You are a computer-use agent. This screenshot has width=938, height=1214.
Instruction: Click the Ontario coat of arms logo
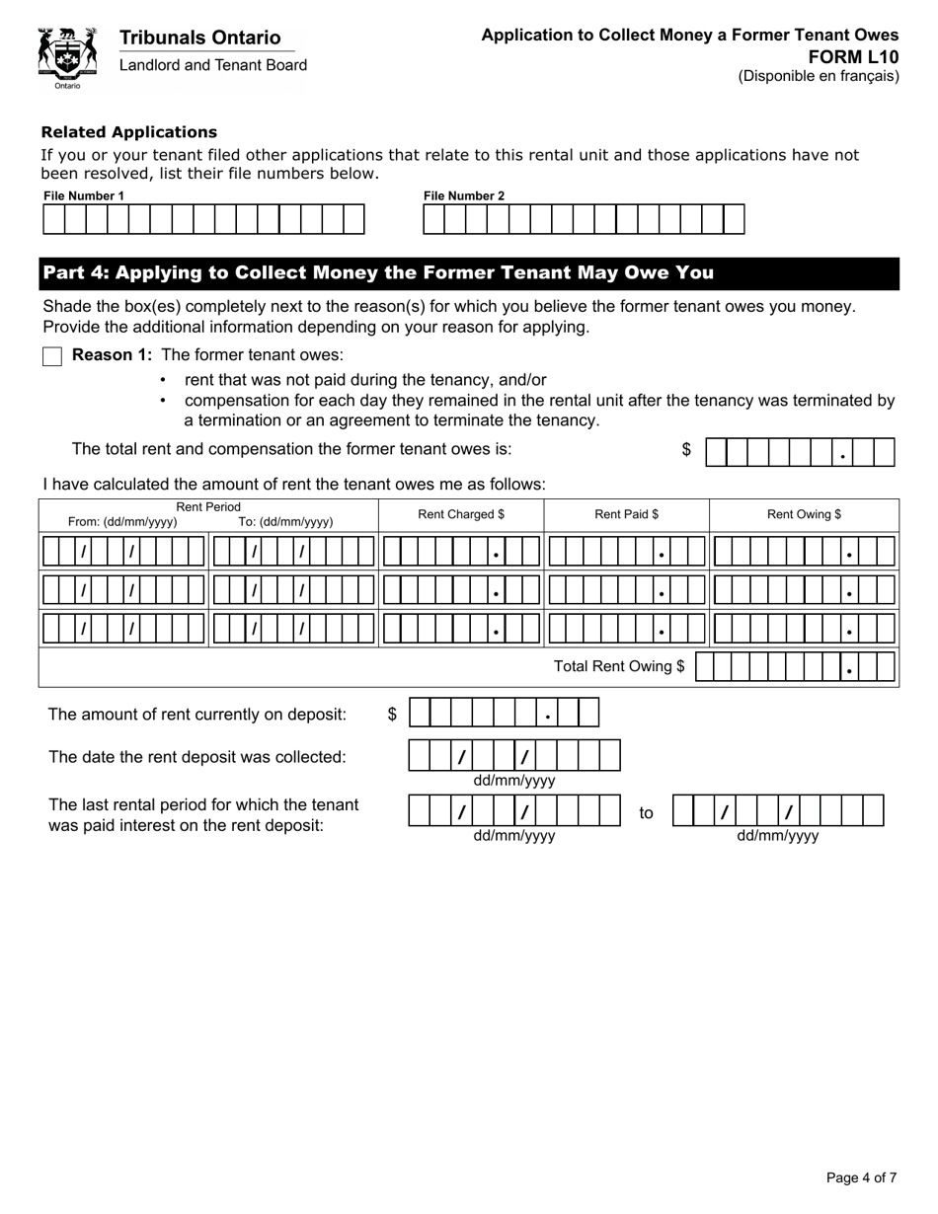67,56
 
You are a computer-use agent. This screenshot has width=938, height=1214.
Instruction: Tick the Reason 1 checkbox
52,356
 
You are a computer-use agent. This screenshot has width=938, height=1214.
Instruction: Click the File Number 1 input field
203,219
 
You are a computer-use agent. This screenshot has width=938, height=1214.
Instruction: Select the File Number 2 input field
584,219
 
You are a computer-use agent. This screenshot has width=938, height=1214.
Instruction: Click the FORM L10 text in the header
866,56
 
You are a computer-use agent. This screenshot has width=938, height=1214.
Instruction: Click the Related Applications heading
128,132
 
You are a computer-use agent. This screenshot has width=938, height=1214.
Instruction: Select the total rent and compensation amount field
800,452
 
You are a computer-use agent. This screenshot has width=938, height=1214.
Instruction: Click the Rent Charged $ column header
461,514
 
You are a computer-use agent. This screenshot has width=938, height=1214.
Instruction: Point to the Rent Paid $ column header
626,514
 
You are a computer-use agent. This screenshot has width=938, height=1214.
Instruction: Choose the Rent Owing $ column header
804,514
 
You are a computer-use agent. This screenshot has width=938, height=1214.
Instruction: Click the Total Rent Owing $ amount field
795,667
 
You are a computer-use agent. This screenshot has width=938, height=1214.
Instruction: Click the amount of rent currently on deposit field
504,713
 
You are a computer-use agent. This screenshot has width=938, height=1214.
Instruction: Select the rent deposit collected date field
513,756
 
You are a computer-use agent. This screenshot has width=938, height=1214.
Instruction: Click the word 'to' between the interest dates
646,813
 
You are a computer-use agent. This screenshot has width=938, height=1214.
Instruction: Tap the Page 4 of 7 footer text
861,1177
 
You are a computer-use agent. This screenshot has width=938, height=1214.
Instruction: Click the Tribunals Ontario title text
199,38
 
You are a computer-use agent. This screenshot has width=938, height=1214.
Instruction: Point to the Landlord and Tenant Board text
213,65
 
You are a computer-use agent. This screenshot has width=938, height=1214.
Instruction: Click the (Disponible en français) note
819,76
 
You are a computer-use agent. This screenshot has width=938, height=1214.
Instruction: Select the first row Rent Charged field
461,551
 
